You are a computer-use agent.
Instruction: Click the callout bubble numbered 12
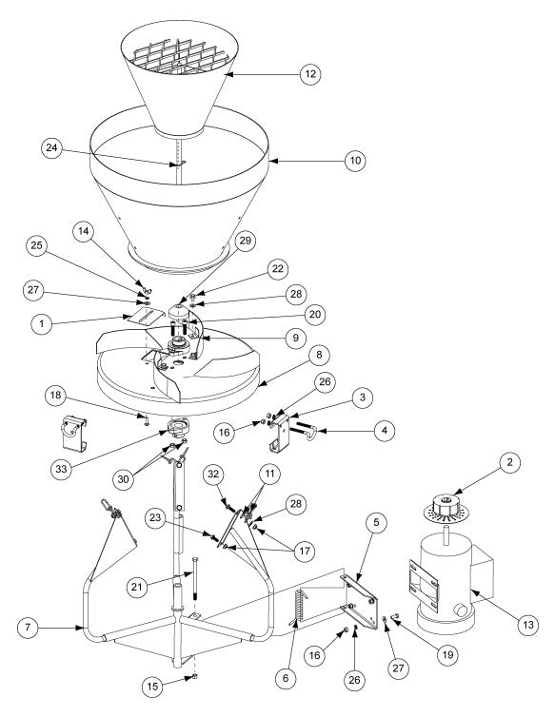[310, 73]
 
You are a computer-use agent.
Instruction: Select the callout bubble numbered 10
[355, 161]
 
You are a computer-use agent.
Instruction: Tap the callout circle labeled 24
[51, 148]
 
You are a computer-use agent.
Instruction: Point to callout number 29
[246, 241]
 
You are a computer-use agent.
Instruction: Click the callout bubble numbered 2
[509, 462]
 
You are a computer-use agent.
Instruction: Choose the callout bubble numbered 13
[528, 625]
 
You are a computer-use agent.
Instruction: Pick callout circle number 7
[28, 628]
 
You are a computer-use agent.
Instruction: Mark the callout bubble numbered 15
[152, 687]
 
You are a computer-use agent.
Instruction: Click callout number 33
[61, 469]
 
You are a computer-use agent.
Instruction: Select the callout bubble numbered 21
[137, 586]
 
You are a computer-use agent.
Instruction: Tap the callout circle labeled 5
[376, 523]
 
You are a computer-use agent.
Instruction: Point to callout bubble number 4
[385, 431]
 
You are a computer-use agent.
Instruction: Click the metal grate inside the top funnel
[181, 57]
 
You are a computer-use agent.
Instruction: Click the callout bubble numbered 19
[447, 655]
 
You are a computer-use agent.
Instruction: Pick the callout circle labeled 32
[214, 475]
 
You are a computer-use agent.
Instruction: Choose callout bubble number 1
[42, 324]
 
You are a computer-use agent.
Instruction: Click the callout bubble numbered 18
[55, 395]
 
